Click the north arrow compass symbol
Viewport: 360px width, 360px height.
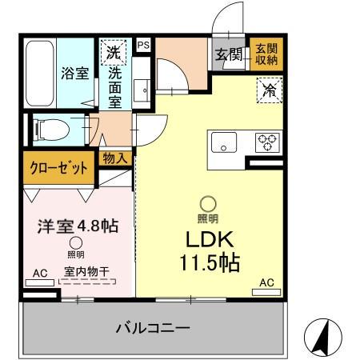pos(322,338)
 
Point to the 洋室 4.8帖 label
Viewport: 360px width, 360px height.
pos(78,226)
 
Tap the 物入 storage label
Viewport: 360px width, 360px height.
pos(114,158)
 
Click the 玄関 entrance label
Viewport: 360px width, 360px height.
pos(228,54)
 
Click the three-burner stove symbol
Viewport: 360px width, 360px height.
pos(266,142)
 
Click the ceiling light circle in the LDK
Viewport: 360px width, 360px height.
pos(207,204)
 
